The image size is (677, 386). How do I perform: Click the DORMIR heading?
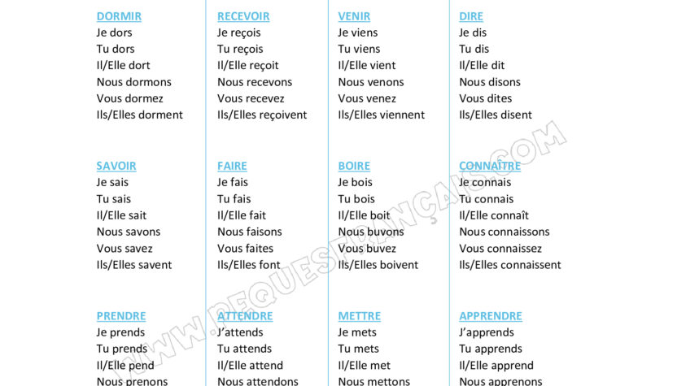coord(119,16)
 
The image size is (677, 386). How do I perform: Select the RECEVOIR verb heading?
coord(243,16)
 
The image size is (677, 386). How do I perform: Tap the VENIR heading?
coord(354,16)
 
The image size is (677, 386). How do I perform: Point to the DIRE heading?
coord(471,16)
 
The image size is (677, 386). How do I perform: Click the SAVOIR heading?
coord(116,166)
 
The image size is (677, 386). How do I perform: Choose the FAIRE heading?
coord(232,166)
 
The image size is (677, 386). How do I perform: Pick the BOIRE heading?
coord(354,166)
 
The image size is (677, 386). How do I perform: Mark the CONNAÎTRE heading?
coord(490,166)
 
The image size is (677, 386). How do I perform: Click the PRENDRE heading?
coord(121,316)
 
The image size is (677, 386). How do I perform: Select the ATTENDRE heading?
coord(245,316)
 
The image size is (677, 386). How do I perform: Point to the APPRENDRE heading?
coord(491,316)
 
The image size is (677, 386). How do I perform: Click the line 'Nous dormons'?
coord(134,82)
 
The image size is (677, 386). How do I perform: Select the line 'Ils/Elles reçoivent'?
coord(262,115)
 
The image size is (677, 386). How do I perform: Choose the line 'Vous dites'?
coord(486,98)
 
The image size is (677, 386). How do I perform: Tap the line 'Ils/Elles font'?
coord(249,265)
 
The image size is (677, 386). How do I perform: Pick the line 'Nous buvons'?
coord(371,232)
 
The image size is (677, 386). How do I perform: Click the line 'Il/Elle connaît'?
coord(494,215)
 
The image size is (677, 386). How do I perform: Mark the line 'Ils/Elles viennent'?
coord(382,115)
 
